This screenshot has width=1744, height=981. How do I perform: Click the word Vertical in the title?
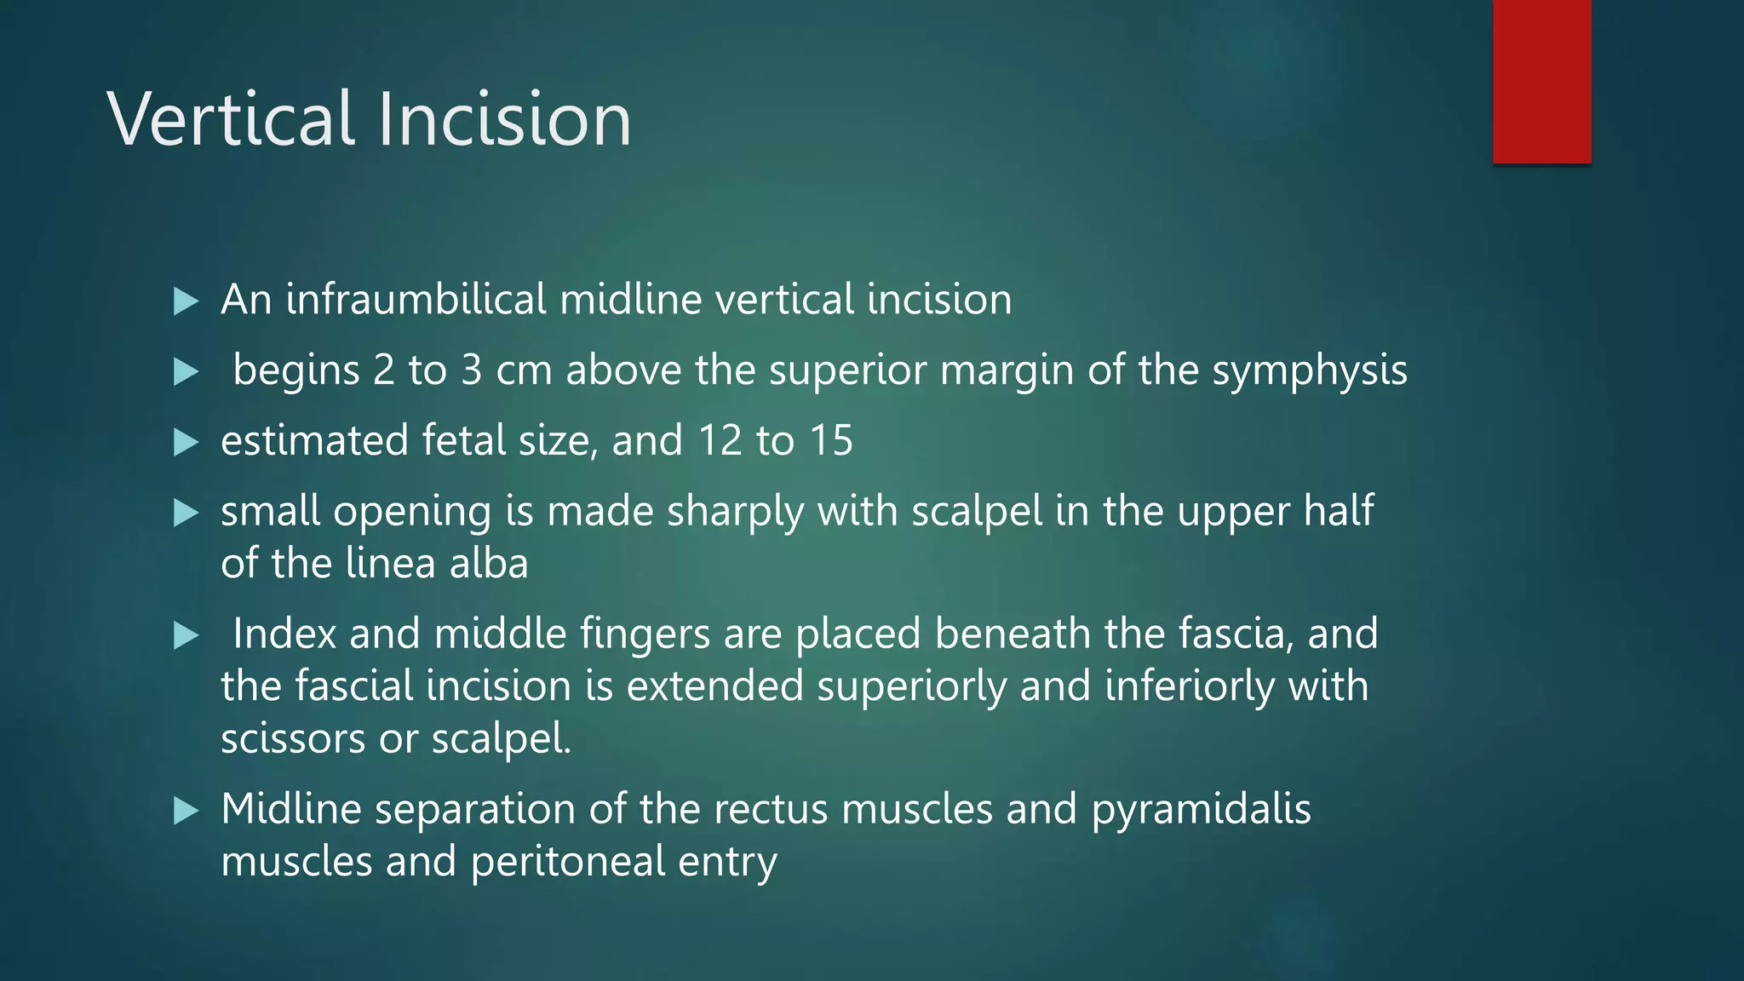[x=230, y=119]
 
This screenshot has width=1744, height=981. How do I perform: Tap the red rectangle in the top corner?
[x=1541, y=81]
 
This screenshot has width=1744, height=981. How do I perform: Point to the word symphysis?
[x=1310, y=371]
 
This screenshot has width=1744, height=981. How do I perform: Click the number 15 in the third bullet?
[x=830, y=441]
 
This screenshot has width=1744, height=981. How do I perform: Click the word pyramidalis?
[x=1201, y=810]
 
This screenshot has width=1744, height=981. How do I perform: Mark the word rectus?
[x=771, y=810]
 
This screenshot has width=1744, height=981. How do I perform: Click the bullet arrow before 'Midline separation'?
[x=186, y=810]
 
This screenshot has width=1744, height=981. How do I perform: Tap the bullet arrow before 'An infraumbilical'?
[x=186, y=301]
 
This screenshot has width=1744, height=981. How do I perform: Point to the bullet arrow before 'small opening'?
[x=186, y=513]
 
